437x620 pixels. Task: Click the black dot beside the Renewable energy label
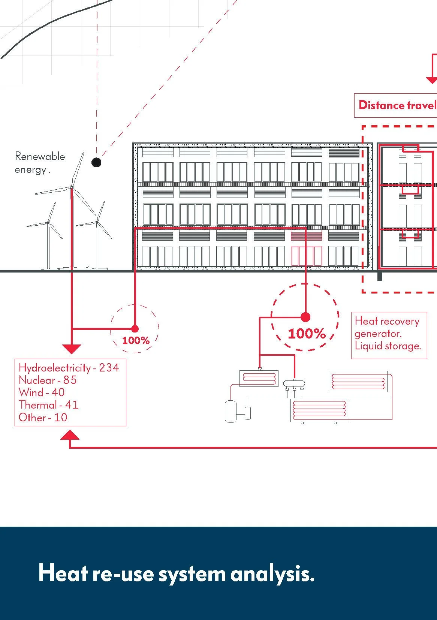(x=96, y=162)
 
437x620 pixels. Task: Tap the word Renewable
(x=40, y=156)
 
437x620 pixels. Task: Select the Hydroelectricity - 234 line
(x=69, y=368)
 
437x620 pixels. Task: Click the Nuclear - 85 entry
(x=48, y=380)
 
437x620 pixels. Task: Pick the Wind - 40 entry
(x=42, y=392)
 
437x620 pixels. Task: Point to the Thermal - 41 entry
(x=49, y=405)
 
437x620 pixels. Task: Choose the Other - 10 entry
(x=43, y=417)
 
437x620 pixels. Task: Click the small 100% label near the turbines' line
(x=136, y=340)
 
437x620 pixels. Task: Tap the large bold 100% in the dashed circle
(x=307, y=334)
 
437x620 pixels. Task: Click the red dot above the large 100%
(x=305, y=317)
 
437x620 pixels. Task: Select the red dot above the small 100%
(x=135, y=329)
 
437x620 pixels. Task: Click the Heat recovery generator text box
(x=389, y=335)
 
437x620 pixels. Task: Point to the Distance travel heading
(x=397, y=105)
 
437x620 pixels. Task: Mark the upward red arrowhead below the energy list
(x=70, y=434)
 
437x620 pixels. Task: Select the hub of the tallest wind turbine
(x=72, y=188)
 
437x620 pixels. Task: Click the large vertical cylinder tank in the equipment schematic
(x=230, y=412)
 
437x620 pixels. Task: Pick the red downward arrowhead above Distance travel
(x=432, y=81)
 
